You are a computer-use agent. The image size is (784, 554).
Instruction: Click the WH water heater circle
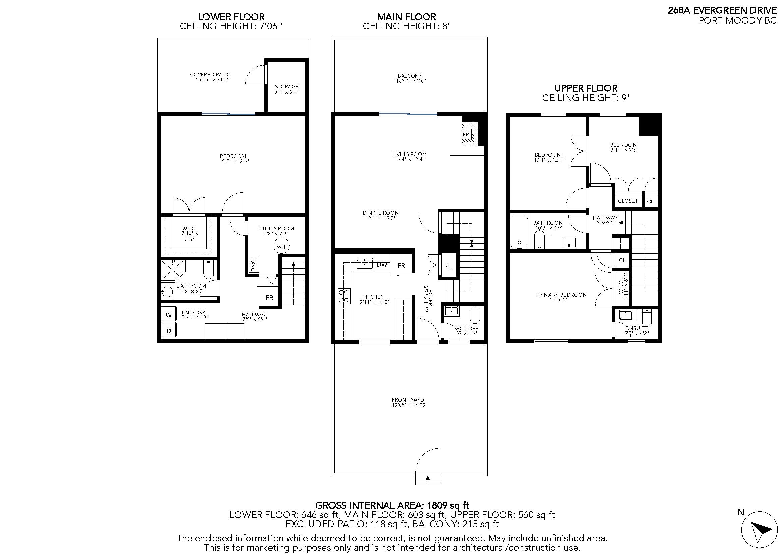click(x=281, y=246)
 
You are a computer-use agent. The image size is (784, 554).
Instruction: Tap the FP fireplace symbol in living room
click(x=466, y=134)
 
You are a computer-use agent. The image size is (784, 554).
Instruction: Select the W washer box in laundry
click(x=168, y=315)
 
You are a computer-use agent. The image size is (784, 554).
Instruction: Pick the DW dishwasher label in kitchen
click(x=382, y=264)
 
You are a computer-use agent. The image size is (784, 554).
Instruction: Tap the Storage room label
click(x=287, y=87)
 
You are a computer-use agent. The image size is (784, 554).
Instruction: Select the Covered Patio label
click(x=210, y=74)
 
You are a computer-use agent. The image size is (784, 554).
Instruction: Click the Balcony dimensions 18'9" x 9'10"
click(x=410, y=81)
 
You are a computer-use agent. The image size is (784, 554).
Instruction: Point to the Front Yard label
click(x=408, y=399)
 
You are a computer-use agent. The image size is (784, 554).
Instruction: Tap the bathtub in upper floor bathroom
click(x=519, y=232)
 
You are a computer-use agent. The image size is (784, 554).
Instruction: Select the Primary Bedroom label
click(x=561, y=295)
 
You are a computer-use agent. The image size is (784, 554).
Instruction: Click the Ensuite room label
click(x=637, y=328)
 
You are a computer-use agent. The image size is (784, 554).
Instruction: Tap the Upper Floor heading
click(x=586, y=88)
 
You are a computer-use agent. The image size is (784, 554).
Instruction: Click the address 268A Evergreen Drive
click(x=722, y=10)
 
